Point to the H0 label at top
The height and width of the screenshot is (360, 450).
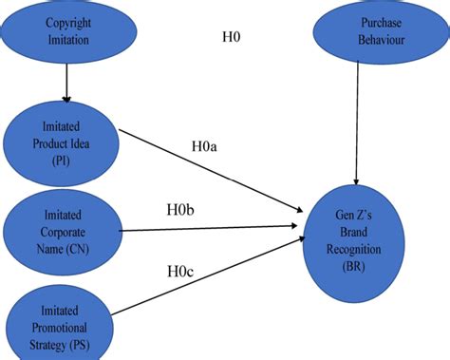232,38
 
